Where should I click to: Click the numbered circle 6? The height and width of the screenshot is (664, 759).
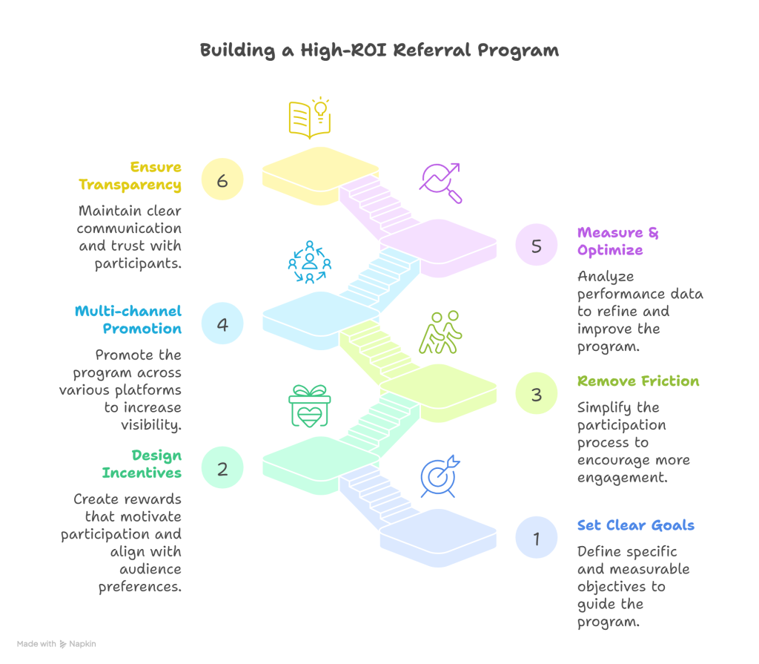click(222, 179)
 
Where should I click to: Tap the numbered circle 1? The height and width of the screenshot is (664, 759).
click(537, 537)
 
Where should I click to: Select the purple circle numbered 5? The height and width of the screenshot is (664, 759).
click(537, 244)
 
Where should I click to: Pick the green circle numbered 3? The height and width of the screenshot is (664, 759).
click(537, 393)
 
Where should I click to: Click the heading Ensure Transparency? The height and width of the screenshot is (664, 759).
click(130, 176)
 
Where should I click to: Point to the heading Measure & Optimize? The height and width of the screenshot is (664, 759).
click(617, 241)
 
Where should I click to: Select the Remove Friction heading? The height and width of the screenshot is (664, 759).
click(638, 381)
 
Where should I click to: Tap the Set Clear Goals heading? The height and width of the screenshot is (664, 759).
click(636, 526)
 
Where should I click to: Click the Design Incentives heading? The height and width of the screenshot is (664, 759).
click(142, 464)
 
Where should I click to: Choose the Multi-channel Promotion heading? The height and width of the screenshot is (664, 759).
click(128, 320)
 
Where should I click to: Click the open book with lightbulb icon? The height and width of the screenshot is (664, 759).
click(309, 118)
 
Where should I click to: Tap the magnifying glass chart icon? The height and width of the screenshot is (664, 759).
click(440, 183)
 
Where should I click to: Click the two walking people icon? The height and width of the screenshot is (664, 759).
click(440, 332)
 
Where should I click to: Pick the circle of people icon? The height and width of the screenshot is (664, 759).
click(309, 262)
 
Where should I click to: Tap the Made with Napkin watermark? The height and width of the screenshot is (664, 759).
click(56, 644)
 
